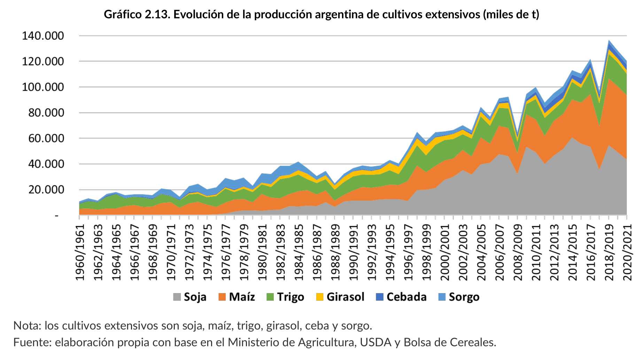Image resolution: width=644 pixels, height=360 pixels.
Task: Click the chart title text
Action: coord(321,14)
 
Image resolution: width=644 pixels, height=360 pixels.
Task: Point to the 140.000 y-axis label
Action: coord(43,36)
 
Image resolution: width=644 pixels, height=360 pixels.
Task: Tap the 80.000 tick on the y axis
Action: coord(43,113)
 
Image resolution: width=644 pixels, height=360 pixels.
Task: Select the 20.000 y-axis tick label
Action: coord(43,190)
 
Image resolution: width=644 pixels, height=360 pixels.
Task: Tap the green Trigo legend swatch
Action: coord(270,297)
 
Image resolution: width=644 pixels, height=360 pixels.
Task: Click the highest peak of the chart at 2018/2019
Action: coord(609,41)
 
